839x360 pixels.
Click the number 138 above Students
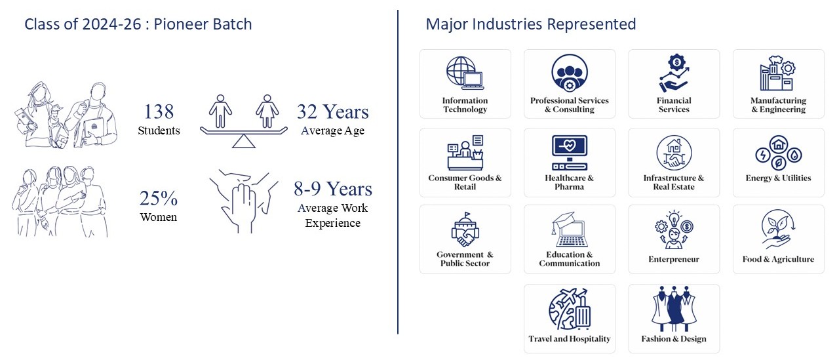(159, 111)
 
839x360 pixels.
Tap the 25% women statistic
(158, 197)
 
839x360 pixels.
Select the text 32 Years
(332, 111)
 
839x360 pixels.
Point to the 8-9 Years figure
(332, 190)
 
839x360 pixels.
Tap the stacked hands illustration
(242, 200)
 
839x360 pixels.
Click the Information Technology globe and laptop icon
(465, 73)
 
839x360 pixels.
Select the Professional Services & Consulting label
(569, 105)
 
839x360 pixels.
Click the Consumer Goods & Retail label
(465, 182)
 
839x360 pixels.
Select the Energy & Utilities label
(778, 178)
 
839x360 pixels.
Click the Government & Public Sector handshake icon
(465, 230)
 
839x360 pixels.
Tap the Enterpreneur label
(674, 259)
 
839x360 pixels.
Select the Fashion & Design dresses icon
(674, 308)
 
